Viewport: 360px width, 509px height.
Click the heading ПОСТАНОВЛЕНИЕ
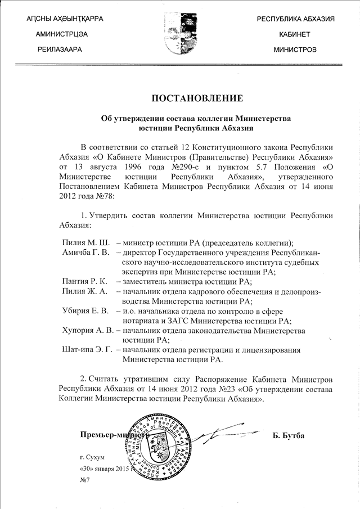[x=197, y=98]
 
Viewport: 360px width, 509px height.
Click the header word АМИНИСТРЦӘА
[x=61, y=34]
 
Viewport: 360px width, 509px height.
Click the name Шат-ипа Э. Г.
[x=87, y=350]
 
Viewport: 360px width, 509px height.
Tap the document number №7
[x=85, y=479]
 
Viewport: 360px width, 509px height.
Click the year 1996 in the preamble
[x=121, y=167]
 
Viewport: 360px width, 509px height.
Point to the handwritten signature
[x=225, y=433]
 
